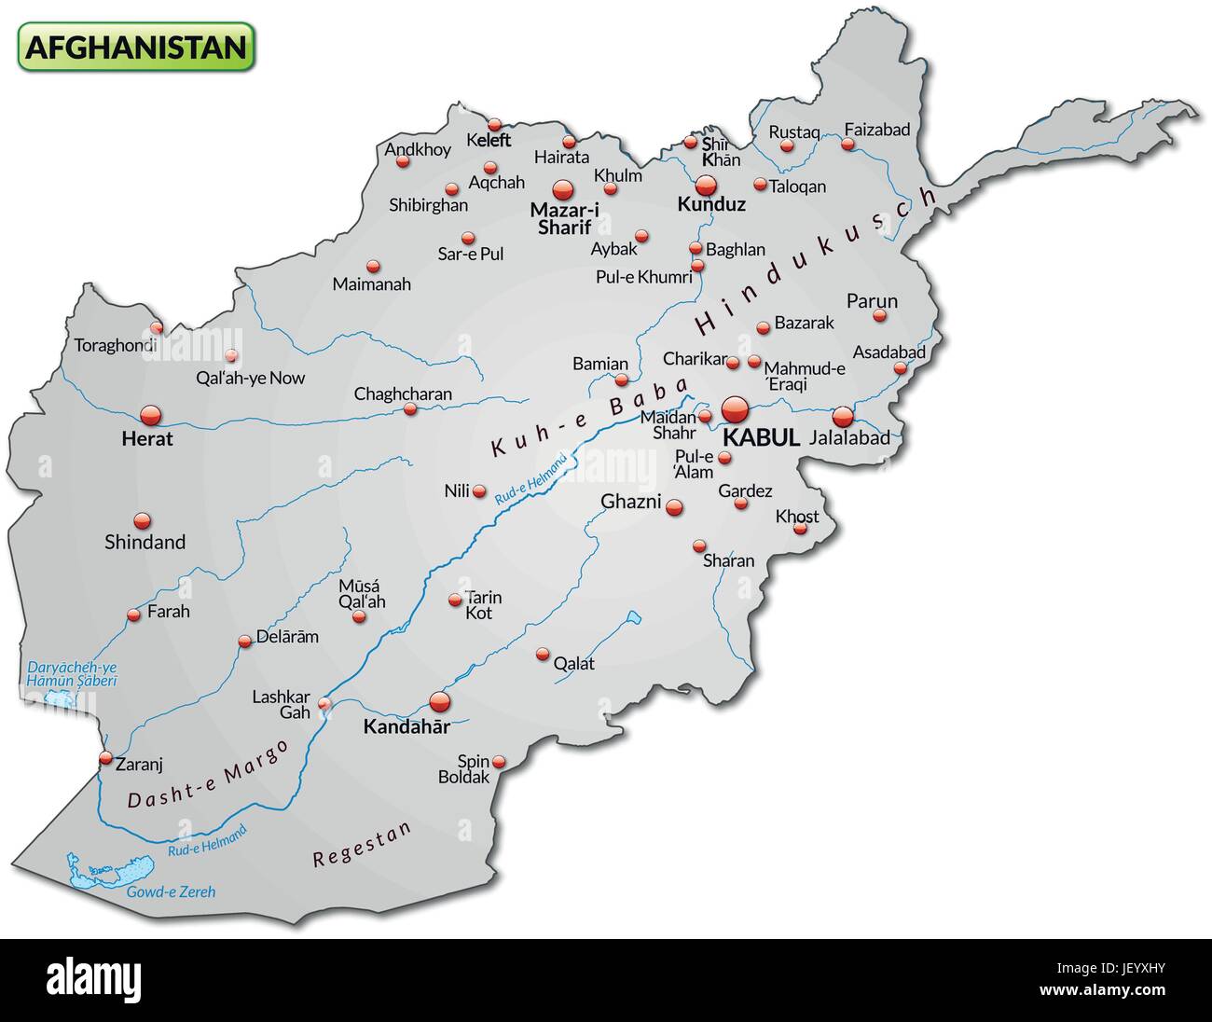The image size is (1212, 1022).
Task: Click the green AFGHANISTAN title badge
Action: pyautogui.click(x=135, y=47)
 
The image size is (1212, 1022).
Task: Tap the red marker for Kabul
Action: pyautogui.click(x=735, y=409)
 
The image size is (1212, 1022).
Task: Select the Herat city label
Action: pyautogui.click(x=147, y=438)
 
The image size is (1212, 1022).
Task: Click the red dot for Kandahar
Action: pyautogui.click(x=439, y=701)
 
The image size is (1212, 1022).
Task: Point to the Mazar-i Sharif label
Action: pyautogui.click(x=564, y=218)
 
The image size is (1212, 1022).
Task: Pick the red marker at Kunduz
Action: pyautogui.click(x=705, y=185)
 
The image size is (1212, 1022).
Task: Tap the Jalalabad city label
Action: pyautogui.click(x=849, y=437)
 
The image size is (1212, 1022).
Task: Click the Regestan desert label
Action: pyautogui.click(x=362, y=846)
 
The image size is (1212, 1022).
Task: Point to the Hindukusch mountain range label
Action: pyautogui.click(x=817, y=259)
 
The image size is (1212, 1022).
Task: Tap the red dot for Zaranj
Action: pyautogui.click(x=105, y=758)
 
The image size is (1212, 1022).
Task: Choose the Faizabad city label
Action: pyautogui.click(x=876, y=130)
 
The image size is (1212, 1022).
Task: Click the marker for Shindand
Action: pyautogui.click(x=142, y=520)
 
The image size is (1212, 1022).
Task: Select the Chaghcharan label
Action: pyautogui.click(x=403, y=394)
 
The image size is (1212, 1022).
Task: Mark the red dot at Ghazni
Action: pyautogui.click(x=673, y=508)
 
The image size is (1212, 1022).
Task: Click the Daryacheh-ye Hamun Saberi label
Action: pyautogui.click(x=72, y=674)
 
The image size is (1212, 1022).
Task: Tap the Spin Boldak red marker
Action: pyautogui.click(x=499, y=762)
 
